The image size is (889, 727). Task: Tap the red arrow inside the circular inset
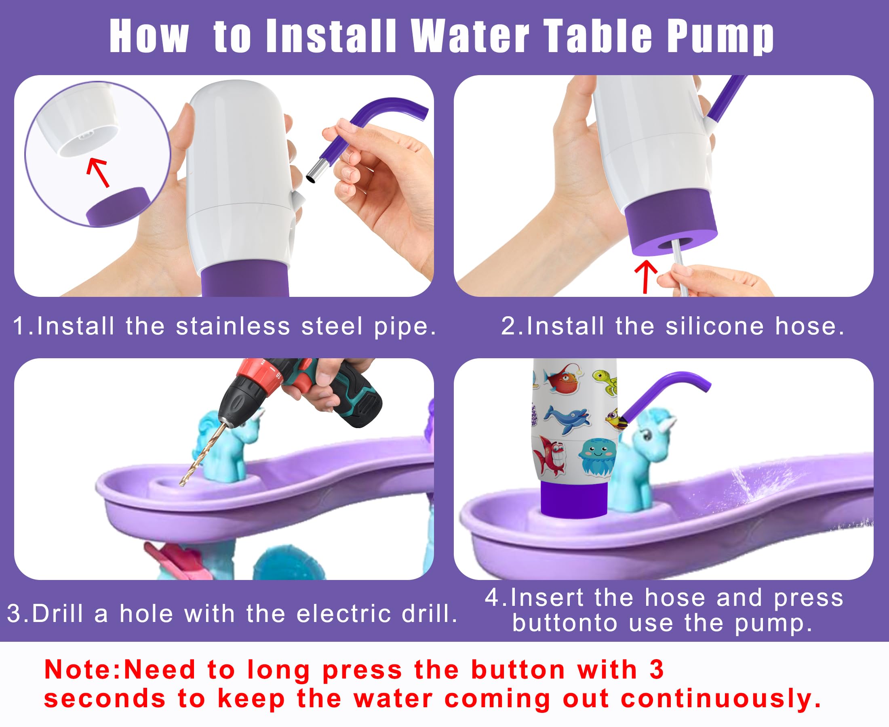click(x=99, y=172)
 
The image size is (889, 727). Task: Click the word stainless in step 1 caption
click(x=233, y=326)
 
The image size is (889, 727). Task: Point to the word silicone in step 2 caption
click(x=715, y=326)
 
